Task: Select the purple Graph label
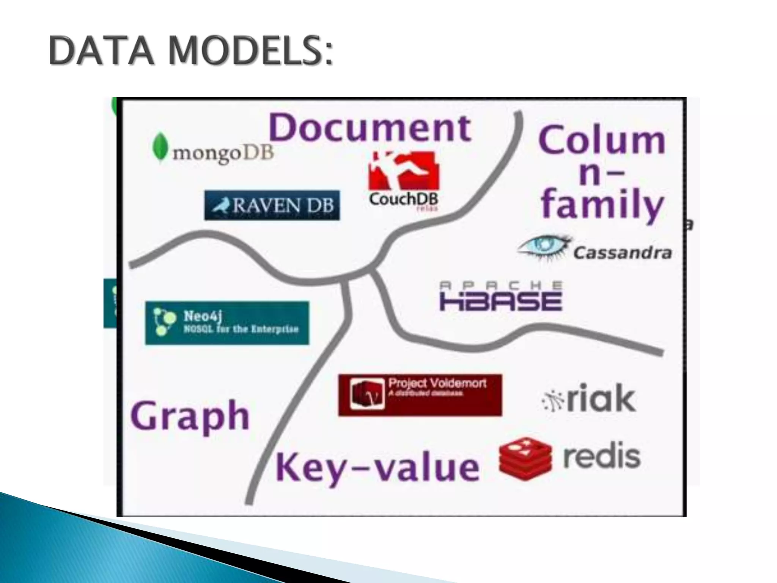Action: [x=190, y=417]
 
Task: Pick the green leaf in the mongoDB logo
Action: [x=160, y=147]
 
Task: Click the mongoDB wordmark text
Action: [x=223, y=153]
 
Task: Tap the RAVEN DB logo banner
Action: [x=272, y=205]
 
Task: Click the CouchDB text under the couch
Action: [x=403, y=199]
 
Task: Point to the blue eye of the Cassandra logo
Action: [x=544, y=246]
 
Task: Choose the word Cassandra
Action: [x=622, y=253]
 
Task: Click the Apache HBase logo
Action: [x=501, y=296]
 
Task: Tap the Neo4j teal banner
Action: [x=227, y=323]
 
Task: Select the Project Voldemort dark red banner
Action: [x=420, y=395]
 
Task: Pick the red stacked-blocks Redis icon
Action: [x=525, y=459]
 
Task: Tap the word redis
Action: [x=602, y=457]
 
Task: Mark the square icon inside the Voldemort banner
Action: [x=367, y=394]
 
